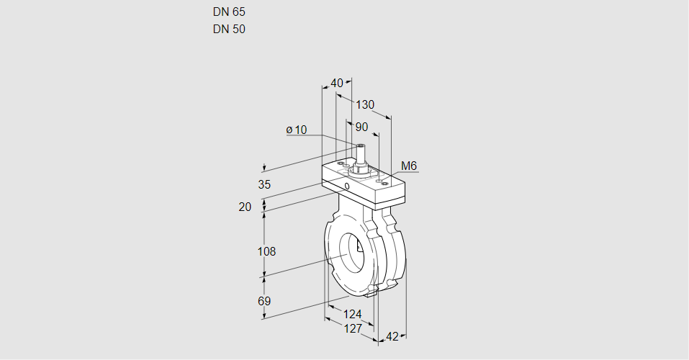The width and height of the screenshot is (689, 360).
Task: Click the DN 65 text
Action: [228, 12]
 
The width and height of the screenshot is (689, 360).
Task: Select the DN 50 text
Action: [228, 30]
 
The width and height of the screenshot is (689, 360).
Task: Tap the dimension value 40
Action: [336, 83]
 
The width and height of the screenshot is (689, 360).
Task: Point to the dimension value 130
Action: [365, 104]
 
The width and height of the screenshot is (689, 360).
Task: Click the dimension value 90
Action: [361, 127]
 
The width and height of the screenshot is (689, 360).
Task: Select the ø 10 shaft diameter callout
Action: [297, 130]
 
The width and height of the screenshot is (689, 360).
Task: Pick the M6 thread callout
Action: [408, 166]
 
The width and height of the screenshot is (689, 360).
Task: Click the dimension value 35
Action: [264, 184]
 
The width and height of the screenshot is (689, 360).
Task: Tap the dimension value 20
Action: [245, 207]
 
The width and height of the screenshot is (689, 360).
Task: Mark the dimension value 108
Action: [267, 251]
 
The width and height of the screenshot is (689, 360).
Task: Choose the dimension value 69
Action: [264, 301]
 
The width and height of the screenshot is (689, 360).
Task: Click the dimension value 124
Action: [352, 314]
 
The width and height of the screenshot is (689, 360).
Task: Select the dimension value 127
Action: [352, 328]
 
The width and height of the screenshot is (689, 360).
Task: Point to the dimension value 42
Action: [392, 336]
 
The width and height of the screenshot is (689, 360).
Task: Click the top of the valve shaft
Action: [360, 146]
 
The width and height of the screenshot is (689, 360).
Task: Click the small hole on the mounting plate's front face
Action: [347, 187]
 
